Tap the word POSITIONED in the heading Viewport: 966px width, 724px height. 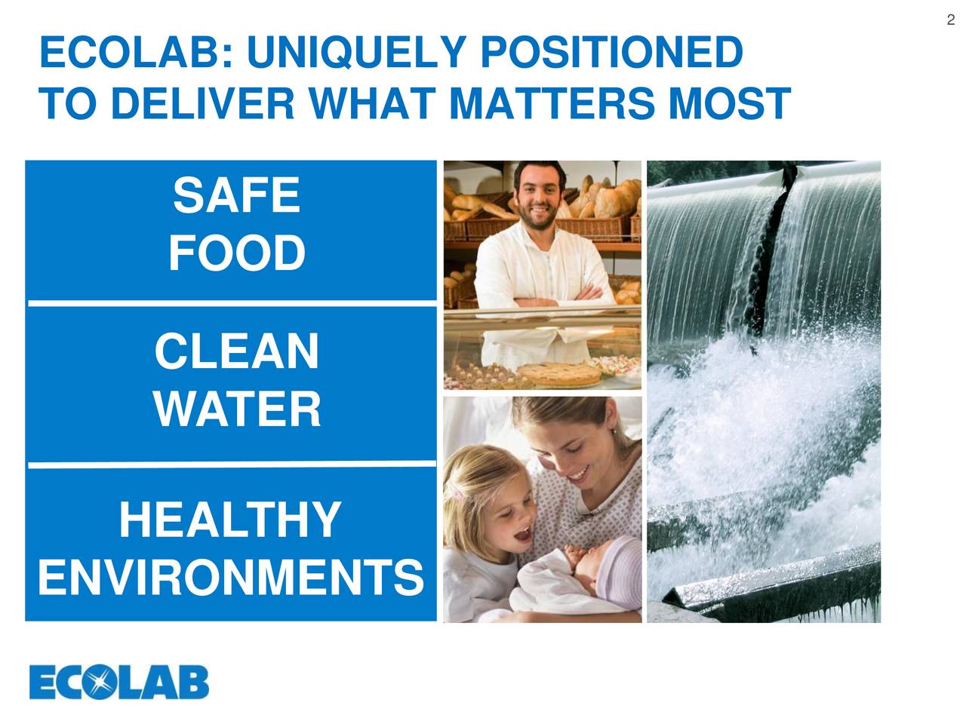(x=611, y=54)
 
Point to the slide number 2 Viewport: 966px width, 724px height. (x=951, y=20)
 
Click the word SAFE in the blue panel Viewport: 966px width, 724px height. (x=236, y=195)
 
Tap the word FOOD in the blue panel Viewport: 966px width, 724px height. (x=236, y=253)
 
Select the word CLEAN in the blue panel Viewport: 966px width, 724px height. (x=236, y=352)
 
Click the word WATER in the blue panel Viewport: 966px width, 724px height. (x=236, y=410)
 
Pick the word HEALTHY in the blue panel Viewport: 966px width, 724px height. (x=230, y=520)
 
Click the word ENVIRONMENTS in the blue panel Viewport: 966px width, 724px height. (x=230, y=578)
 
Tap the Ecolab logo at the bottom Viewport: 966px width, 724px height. (x=119, y=683)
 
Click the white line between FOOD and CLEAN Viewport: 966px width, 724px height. (x=232, y=303)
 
